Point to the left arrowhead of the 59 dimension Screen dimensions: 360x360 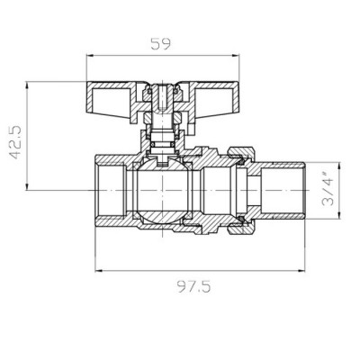click(91, 54)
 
